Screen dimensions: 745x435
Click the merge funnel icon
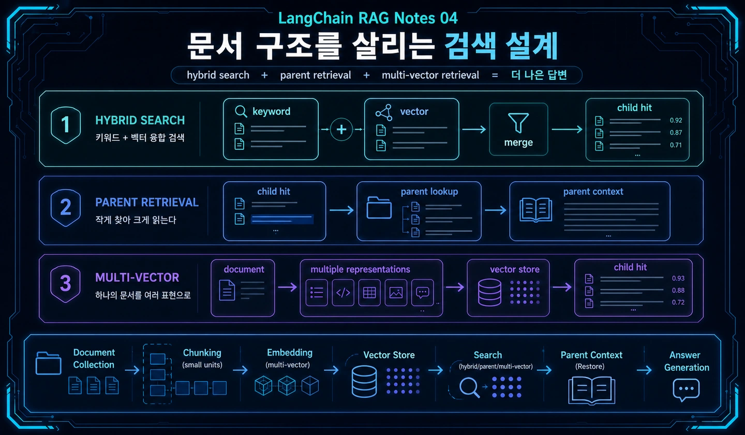click(518, 123)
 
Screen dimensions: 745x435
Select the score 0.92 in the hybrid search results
click(676, 120)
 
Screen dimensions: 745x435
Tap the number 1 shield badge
click(66, 125)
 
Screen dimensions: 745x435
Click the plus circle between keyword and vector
click(341, 129)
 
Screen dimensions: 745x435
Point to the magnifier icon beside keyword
click(241, 111)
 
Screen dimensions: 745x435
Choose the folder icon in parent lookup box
click(379, 208)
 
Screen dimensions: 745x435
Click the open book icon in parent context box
click(536, 210)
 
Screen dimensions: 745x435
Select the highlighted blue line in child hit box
click(282, 219)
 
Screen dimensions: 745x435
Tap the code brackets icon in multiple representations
click(343, 293)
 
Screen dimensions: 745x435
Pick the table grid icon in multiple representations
click(369, 293)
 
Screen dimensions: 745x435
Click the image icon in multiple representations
click(396, 293)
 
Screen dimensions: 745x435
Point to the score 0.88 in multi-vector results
click(678, 290)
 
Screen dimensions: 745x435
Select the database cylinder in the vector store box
click(489, 292)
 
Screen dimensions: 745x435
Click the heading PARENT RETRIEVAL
click(147, 202)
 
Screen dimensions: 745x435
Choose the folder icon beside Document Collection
click(48, 363)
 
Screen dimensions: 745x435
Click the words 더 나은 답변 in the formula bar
click(539, 75)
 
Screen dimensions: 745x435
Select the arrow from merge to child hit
click(567, 129)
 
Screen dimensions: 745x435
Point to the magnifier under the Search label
click(469, 388)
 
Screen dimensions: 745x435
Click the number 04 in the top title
click(449, 18)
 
